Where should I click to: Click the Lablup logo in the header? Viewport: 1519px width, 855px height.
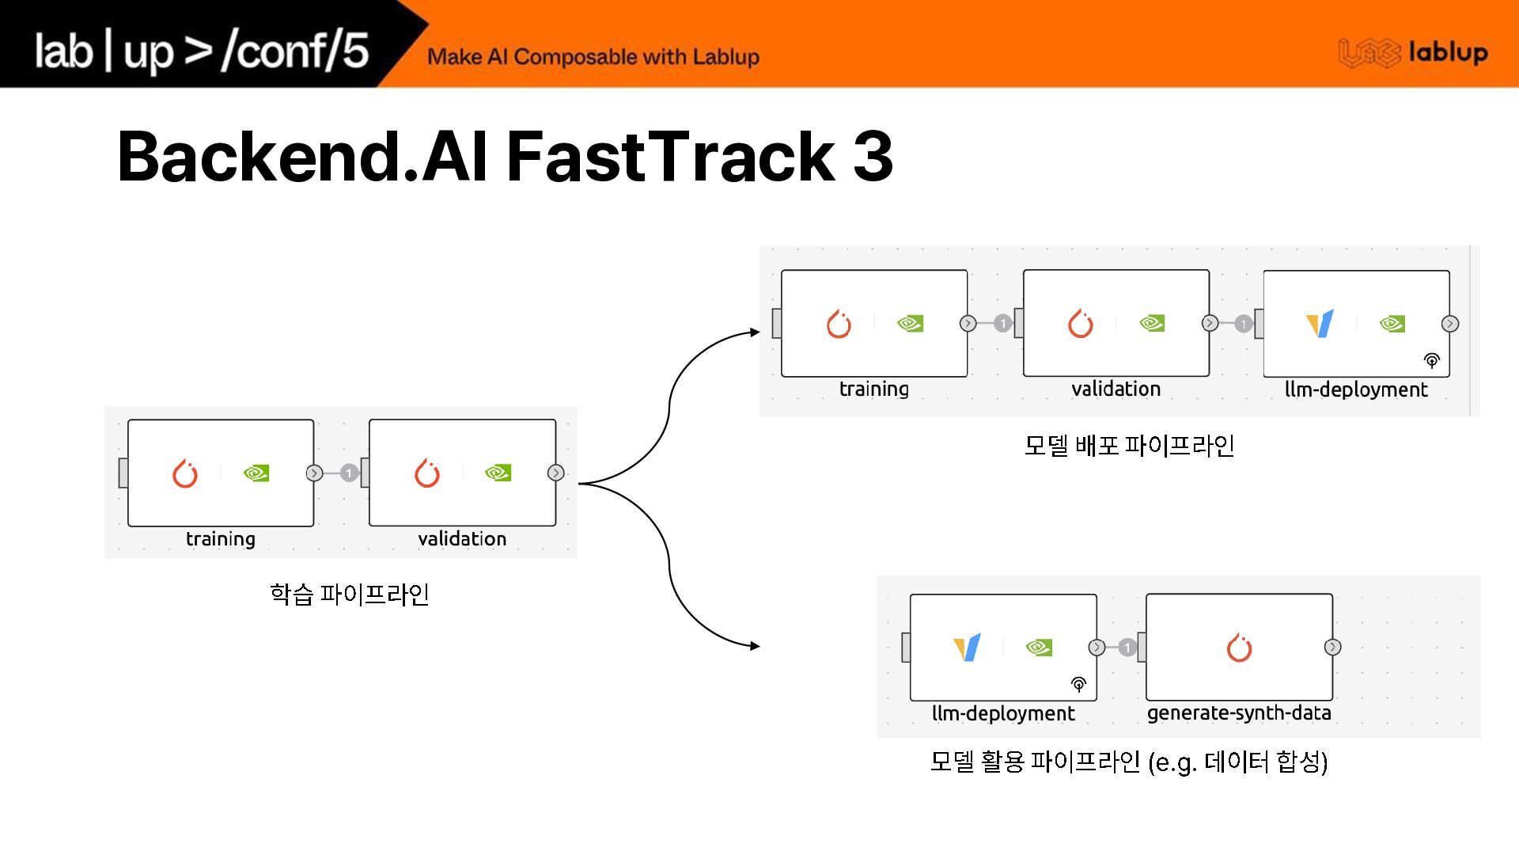pyautogui.click(x=1413, y=53)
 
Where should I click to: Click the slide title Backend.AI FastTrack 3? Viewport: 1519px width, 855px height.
pyautogui.click(x=505, y=156)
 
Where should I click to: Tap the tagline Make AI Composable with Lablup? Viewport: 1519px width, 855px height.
pyautogui.click(x=593, y=57)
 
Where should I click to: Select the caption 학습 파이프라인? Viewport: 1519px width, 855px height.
pyautogui.click(x=349, y=594)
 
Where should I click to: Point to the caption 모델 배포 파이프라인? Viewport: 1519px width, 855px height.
pyautogui.click(x=1129, y=446)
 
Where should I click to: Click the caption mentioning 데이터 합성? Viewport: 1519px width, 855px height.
pyautogui.click(x=1128, y=762)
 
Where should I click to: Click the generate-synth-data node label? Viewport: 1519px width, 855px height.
pyautogui.click(x=1239, y=712)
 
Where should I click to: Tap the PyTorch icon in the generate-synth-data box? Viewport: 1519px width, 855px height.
pyautogui.click(x=1239, y=648)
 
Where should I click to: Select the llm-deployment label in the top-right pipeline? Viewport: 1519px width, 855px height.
pyautogui.click(x=1356, y=389)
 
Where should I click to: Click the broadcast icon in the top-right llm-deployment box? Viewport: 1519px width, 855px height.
pyautogui.click(x=1431, y=361)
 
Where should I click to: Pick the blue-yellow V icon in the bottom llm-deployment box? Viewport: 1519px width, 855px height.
pyautogui.click(x=968, y=647)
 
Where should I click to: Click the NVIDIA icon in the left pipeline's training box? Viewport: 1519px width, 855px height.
pyautogui.click(x=256, y=473)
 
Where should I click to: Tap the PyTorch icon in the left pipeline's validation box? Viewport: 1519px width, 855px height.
pyautogui.click(x=427, y=473)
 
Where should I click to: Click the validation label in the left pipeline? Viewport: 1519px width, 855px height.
pyautogui.click(x=462, y=539)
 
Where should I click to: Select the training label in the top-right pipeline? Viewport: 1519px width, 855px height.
pyautogui.click(x=873, y=389)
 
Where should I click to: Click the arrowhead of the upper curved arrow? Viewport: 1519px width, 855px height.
pyautogui.click(x=755, y=332)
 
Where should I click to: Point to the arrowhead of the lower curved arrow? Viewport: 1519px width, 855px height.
pyautogui.click(x=755, y=646)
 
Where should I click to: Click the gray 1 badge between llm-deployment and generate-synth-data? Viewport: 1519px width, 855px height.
pyautogui.click(x=1127, y=648)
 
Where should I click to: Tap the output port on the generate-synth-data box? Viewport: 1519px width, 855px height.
pyautogui.click(x=1332, y=648)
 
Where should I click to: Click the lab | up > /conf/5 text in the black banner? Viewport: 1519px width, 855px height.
pyautogui.click(x=202, y=51)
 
